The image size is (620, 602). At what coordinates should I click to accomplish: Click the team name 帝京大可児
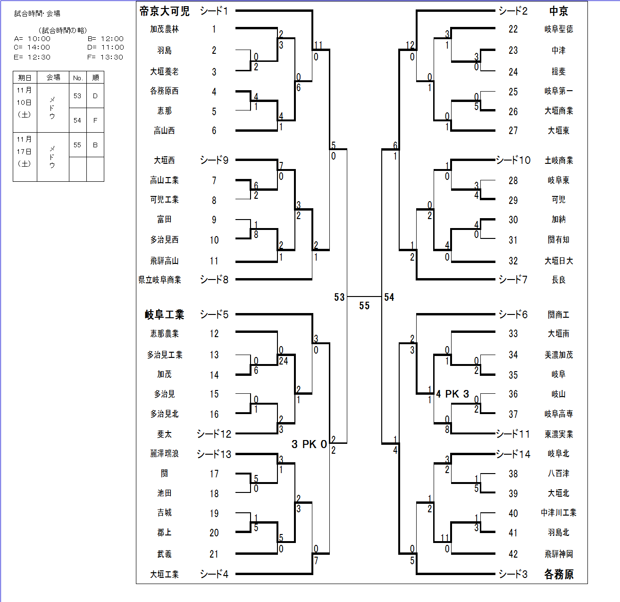tap(164, 11)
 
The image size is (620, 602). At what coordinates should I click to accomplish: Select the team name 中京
tap(559, 11)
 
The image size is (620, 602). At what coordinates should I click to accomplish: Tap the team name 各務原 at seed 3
tap(559, 574)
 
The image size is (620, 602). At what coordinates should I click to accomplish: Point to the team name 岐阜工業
tap(164, 314)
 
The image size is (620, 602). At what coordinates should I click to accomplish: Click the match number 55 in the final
tap(364, 306)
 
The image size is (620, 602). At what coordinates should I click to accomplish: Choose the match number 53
tap(339, 297)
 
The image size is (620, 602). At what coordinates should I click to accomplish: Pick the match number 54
tap(389, 297)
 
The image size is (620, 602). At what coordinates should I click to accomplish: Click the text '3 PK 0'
tap(309, 444)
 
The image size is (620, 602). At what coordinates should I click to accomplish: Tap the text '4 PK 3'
tap(452, 394)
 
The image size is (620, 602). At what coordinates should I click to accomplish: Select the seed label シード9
tap(214, 160)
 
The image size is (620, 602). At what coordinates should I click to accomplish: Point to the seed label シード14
tap(513, 454)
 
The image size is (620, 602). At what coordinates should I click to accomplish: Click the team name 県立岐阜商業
tap(160, 280)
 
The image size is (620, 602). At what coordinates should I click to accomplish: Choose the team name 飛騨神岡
tap(559, 554)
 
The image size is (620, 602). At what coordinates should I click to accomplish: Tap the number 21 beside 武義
tap(214, 554)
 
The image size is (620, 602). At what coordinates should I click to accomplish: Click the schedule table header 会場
tap(53, 77)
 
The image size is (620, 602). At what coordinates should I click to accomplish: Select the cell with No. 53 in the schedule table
tap(77, 96)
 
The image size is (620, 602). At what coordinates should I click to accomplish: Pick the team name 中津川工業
tap(559, 513)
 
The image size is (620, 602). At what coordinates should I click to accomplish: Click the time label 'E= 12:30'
tap(32, 57)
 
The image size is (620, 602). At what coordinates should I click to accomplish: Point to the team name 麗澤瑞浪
tap(164, 454)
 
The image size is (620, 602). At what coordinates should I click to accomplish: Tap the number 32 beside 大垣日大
tap(513, 261)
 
